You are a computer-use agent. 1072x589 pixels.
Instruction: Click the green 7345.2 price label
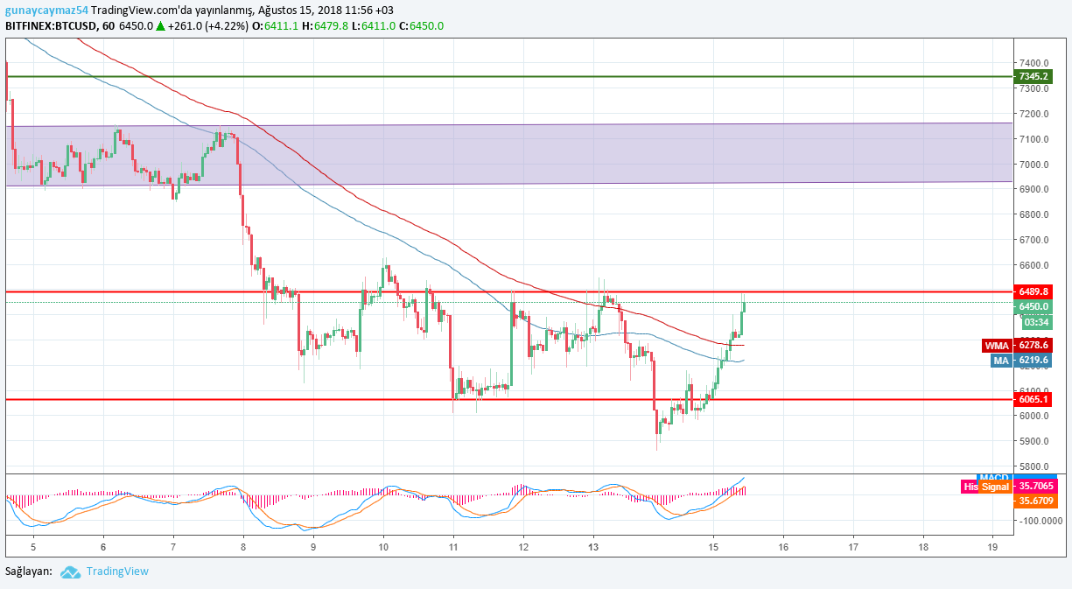tap(1033, 76)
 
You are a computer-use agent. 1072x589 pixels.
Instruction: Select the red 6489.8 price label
tap(1033, 291)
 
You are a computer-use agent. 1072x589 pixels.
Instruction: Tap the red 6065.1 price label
tap(1033, 399)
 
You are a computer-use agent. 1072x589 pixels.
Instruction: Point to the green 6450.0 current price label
tap(1033, 306)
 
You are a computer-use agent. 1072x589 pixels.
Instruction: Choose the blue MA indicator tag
tap(1001, 360)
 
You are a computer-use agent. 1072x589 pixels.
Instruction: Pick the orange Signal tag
tap(994, 487)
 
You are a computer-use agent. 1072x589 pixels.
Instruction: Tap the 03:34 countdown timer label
tap(1033, 322)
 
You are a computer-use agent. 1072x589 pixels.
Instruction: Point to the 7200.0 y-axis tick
tap(1033, 114)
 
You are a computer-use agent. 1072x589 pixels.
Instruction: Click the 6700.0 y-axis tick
tap(1033, 240)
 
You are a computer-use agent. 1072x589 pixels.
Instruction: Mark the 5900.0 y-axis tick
tap(1033, 441)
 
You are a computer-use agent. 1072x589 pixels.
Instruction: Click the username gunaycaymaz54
tap(46, 10)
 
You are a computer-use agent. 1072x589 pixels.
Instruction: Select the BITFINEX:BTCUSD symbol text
tap(49, 26)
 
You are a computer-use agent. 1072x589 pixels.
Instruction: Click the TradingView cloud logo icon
tap(70, 571)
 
